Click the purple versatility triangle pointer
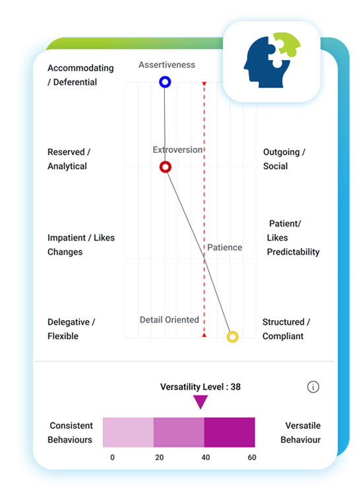point(200,401)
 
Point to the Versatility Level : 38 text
point(200,387)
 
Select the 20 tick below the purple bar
point(160,457)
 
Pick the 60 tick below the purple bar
point(252,457)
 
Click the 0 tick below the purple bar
point(112,457)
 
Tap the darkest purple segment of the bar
point(229,432)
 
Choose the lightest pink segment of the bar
point(128,432)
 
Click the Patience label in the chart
point(225,248)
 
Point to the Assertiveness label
point(167,65)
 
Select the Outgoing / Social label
point(284,159)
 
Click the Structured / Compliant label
point(286,329)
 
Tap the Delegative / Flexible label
point(71,329)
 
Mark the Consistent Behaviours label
point(71,433)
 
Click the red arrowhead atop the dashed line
point(204,84)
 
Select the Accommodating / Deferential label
point(80,75)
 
